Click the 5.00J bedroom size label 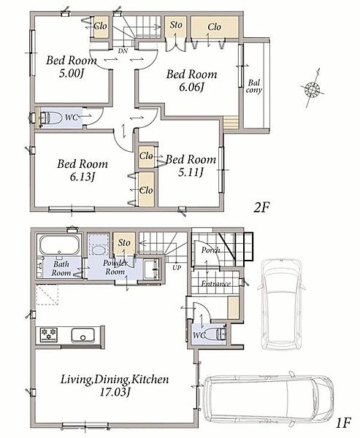72,73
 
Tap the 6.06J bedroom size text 191,88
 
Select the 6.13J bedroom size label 83,177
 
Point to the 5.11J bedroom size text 191,172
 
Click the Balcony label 254,86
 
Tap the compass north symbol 313,88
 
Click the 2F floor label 261,207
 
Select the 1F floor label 342,423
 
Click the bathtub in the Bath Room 59,245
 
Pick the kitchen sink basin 83,335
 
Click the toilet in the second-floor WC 51,118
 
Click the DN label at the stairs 123,51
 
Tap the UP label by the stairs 177,268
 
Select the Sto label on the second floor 176,25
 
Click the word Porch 210,250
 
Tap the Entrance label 215,284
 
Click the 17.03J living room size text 115,393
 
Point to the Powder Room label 115,267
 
